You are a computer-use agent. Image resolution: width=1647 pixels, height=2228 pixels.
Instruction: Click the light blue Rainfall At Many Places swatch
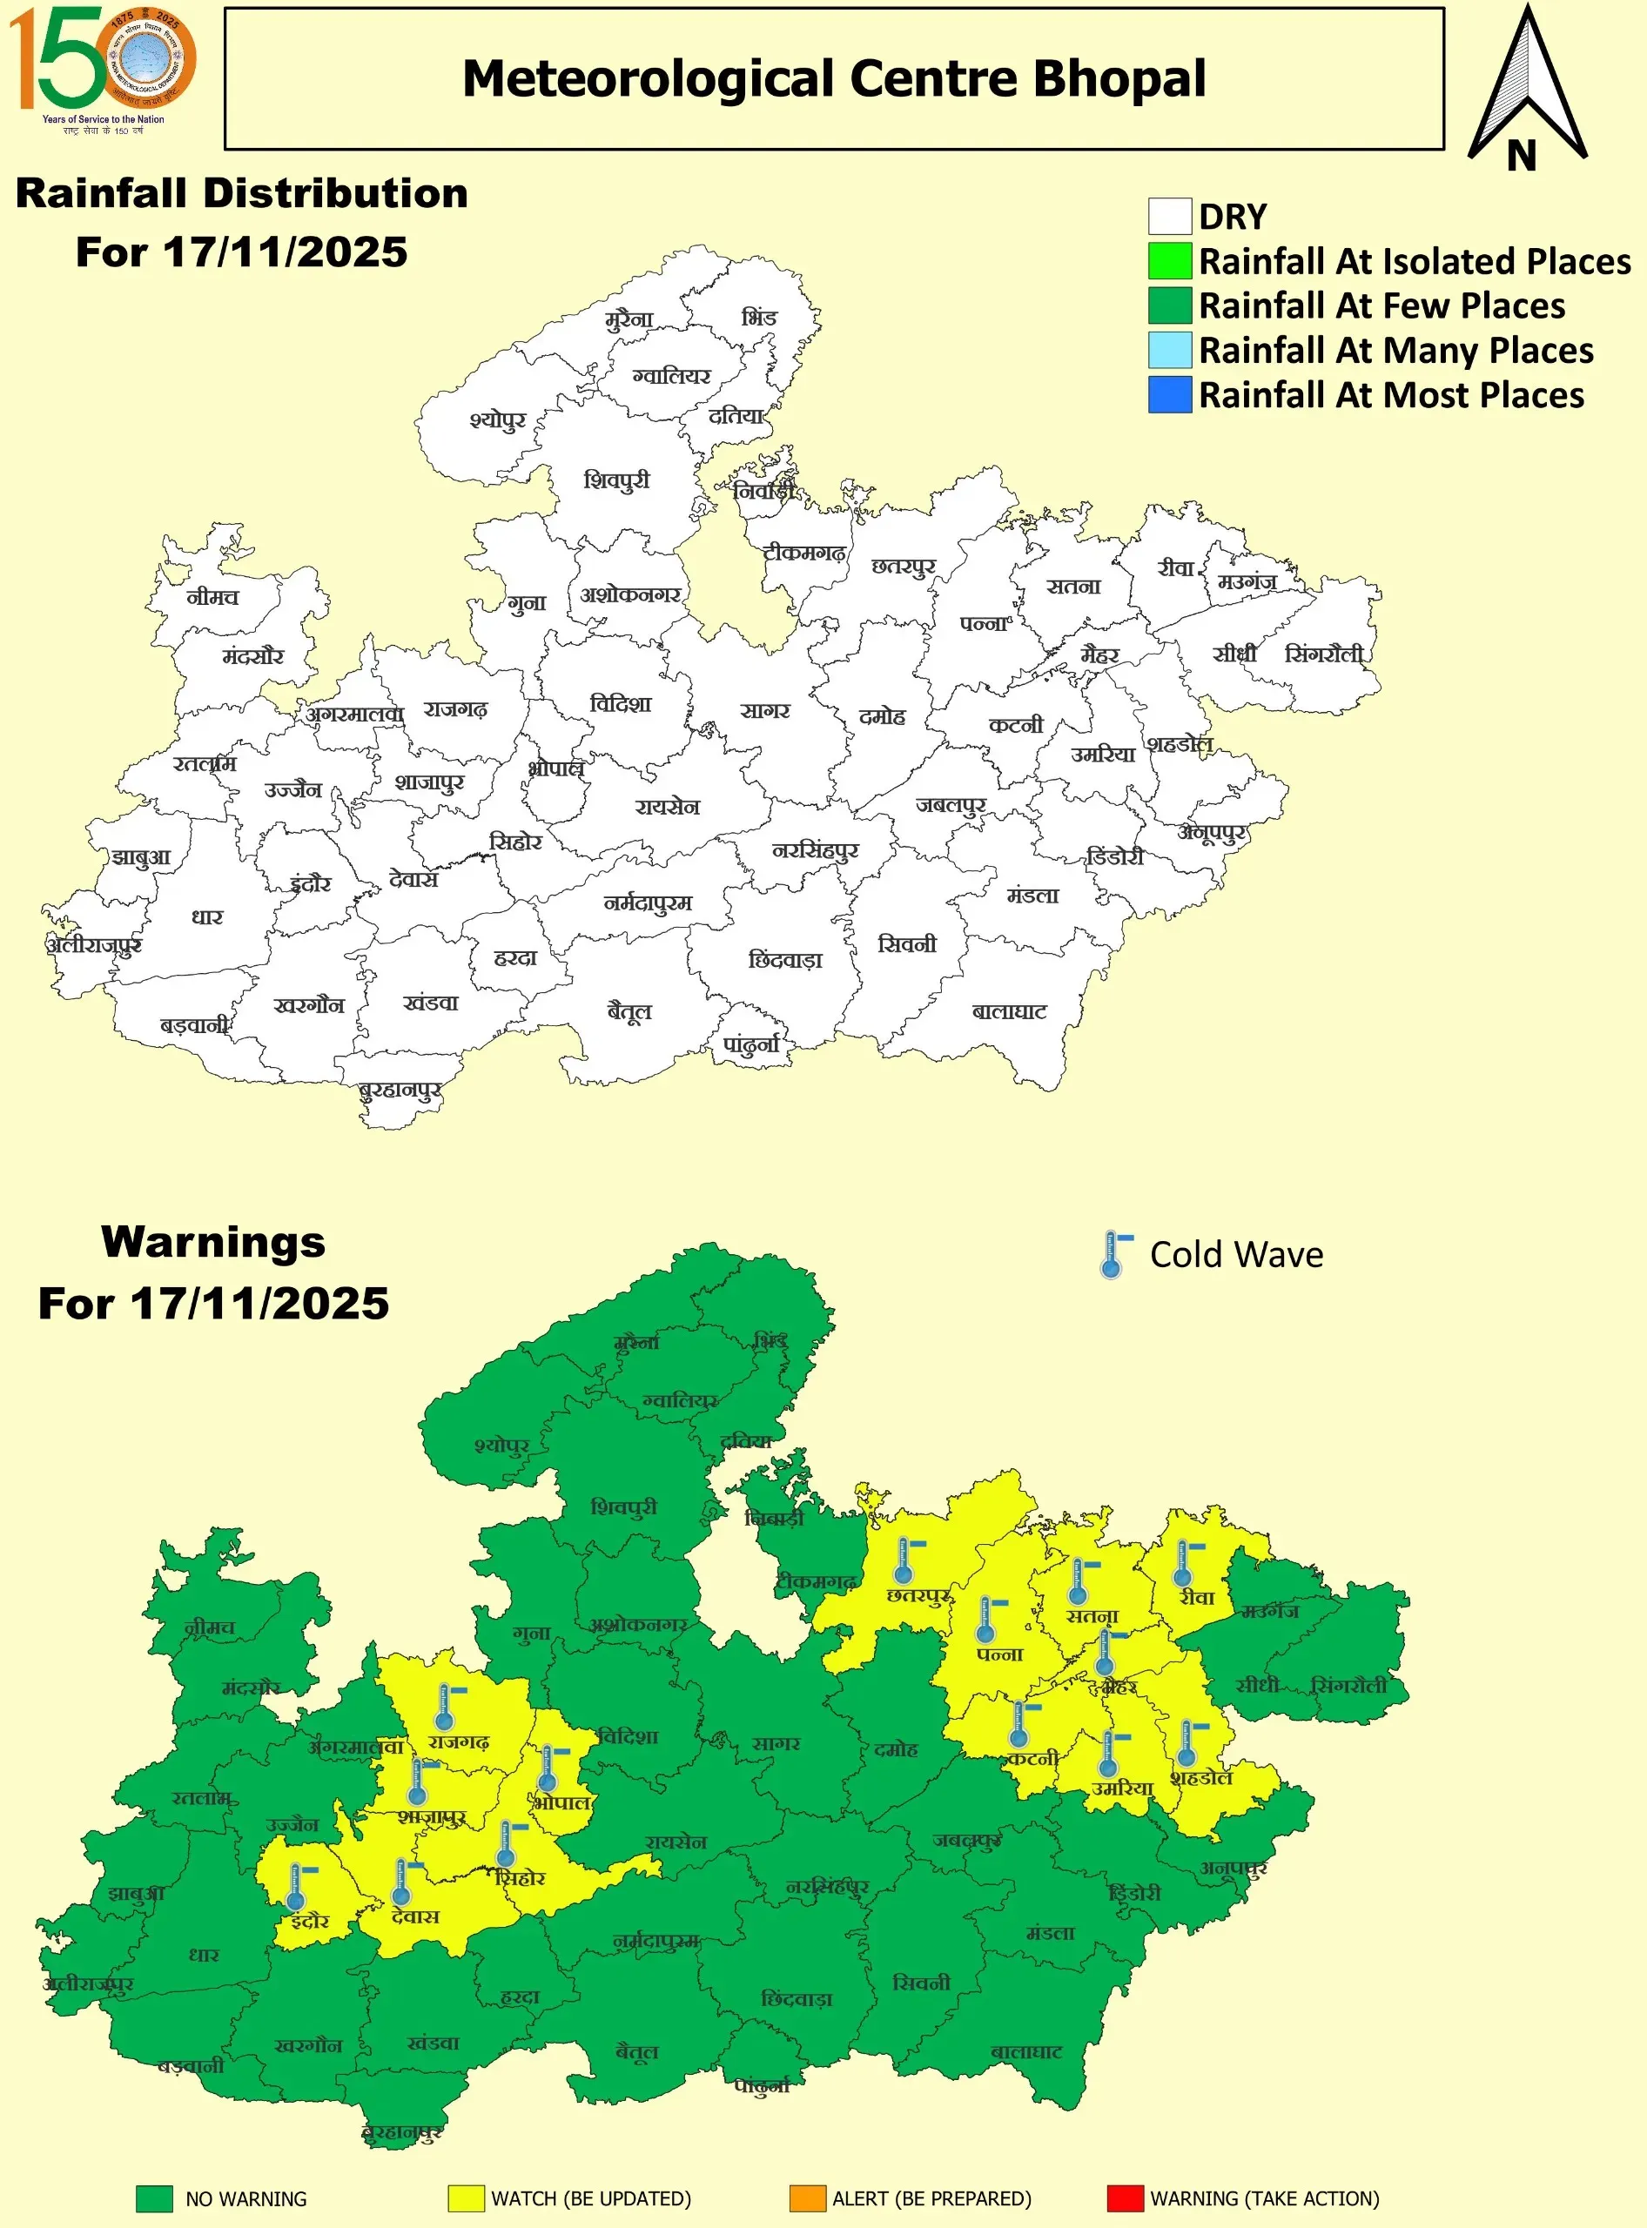[1169, 350]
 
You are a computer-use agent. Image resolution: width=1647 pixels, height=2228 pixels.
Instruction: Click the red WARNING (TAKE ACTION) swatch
[1125, 2198]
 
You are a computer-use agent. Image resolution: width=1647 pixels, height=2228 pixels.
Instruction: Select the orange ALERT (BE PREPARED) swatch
[807, 2198]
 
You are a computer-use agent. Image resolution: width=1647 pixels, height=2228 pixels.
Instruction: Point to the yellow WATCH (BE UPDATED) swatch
[466, 2198]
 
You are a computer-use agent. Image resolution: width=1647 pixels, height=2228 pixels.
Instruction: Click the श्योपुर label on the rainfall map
[497, 420]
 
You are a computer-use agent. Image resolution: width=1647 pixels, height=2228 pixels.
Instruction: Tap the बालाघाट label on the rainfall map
[1009, 1012]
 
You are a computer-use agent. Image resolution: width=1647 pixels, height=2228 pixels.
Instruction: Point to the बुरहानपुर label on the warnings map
[402, 2132]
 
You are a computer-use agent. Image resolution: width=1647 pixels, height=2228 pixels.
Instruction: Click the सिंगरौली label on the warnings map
[1348, 1685]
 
